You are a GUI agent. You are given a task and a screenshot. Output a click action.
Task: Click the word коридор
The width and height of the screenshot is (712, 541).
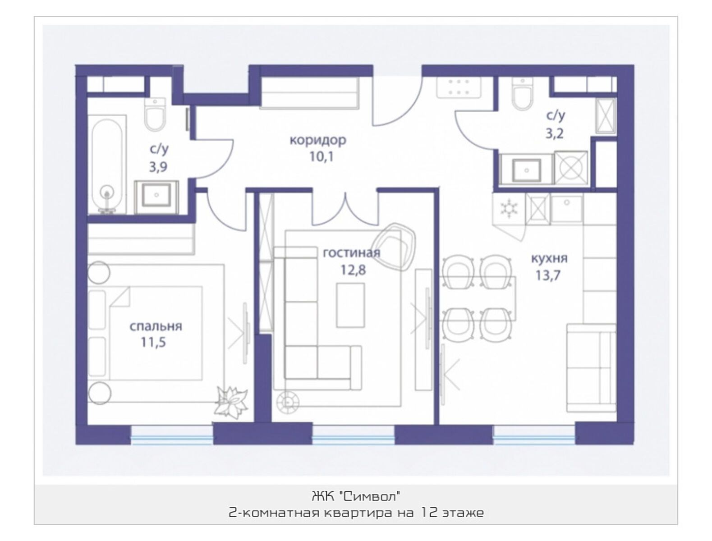(317, 141)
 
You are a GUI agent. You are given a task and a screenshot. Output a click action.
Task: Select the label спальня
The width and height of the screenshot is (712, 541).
(156, 326)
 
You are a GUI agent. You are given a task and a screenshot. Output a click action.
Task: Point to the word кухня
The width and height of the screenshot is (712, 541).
(549, 258)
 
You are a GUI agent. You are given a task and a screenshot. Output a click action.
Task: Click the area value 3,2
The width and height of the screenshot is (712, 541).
(554, 133)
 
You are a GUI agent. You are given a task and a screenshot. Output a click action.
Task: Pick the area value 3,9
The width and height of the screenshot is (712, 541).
(158, 167)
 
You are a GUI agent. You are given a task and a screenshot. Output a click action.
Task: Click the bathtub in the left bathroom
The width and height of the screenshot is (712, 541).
(107, 165)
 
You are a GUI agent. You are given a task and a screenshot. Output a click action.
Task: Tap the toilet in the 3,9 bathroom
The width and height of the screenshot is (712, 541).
(155, 115)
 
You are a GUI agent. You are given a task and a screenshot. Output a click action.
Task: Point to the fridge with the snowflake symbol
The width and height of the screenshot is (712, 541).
(508, 209)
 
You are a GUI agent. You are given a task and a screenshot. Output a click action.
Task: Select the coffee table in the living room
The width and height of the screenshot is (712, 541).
(350, 305)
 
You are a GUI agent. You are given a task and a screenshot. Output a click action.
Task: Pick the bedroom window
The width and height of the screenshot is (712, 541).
(172, 435)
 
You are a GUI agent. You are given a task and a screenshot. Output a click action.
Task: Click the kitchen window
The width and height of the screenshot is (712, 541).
(534, 435)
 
